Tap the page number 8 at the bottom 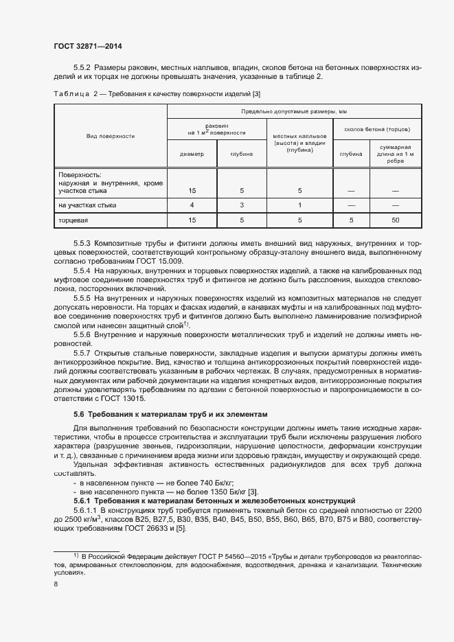pos(55,584)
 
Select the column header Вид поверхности pos(110,136)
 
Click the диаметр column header pos(192,154)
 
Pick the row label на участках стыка pos(87,205)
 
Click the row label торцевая pos(73,220)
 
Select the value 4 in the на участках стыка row pos(192,205)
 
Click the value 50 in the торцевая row pos(394,220)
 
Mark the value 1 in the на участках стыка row pos(299,205)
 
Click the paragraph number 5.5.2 pos(82,67)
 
